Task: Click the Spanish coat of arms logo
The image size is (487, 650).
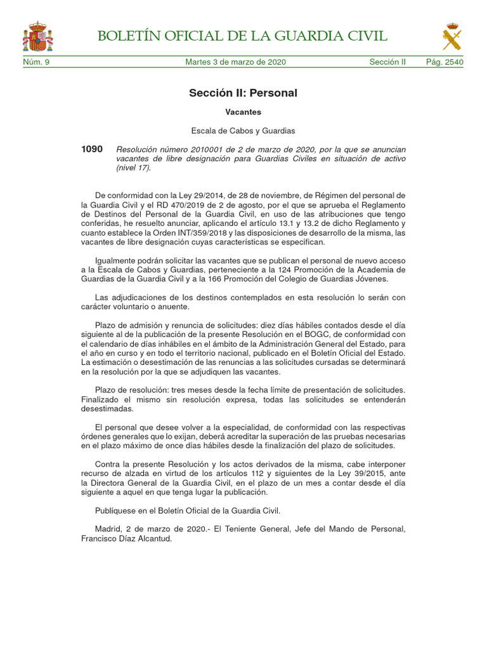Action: click(38, 36)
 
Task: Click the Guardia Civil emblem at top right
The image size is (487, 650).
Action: click(451, 36)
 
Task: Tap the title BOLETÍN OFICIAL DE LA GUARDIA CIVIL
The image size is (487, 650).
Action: click(243, 36)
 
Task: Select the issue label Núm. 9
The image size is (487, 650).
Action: click(36, 62)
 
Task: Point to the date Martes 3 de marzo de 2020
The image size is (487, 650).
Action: click(235, 62)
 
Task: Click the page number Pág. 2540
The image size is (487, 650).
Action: click(445, 62)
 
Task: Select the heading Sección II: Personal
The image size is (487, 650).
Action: click(243, 93)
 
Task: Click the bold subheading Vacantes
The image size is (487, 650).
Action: click(243, 112)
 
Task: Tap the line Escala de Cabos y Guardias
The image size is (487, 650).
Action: click(243, 131)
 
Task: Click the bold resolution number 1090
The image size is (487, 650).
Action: click(92, 149)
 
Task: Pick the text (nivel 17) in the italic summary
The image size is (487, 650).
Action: click(134, 168)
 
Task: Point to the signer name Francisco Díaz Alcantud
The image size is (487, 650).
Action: click(127, 538)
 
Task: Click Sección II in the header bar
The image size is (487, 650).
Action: click(387, 62)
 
